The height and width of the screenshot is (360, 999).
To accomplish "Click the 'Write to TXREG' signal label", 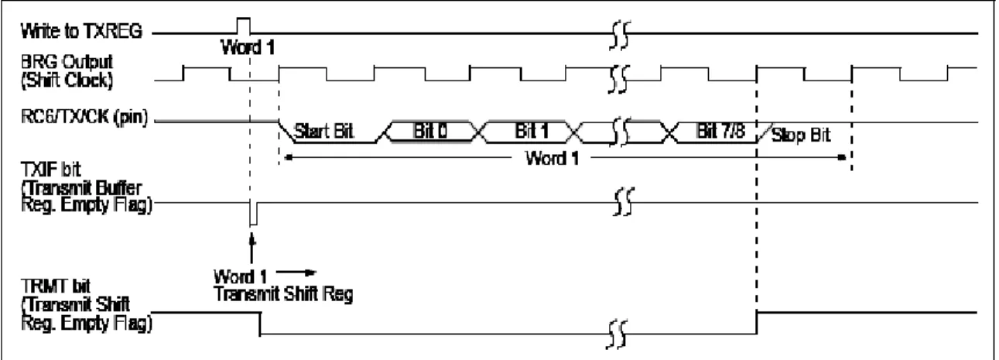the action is click(81, 31).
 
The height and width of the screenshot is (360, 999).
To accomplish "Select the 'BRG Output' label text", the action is click(67, 62).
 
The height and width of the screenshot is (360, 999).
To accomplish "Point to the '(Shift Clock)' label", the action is click(67, 81).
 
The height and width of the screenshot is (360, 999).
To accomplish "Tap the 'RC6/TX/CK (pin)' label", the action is click(84, 118).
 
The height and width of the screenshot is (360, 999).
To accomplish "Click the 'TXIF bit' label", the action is click(50, 170).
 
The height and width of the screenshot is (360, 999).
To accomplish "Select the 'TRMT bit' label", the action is click(55, 286).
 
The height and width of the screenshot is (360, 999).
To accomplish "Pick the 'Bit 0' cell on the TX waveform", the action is click(430, 131).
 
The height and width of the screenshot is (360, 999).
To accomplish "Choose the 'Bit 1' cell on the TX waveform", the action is click(532, 131).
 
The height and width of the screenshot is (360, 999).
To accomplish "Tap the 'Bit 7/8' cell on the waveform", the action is click(720, 131).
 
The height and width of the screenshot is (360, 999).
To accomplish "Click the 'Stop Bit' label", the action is click(801, 135).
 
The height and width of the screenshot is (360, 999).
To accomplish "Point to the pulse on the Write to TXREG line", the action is click(244, 26).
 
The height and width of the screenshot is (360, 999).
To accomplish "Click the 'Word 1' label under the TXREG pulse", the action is click(248, 47).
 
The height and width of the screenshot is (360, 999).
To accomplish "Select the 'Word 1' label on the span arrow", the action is click(553, 158).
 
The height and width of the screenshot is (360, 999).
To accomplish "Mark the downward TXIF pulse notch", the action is click(253, 214).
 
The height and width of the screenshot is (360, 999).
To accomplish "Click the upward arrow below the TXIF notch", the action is click(252, 249).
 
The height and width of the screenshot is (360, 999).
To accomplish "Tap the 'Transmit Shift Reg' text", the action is click(284, 294).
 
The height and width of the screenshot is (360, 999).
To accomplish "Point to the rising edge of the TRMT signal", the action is click(757, 323).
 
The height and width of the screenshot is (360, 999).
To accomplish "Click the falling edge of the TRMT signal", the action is click(260, 324).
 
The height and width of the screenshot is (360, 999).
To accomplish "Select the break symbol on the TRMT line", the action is click(618, 334).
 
